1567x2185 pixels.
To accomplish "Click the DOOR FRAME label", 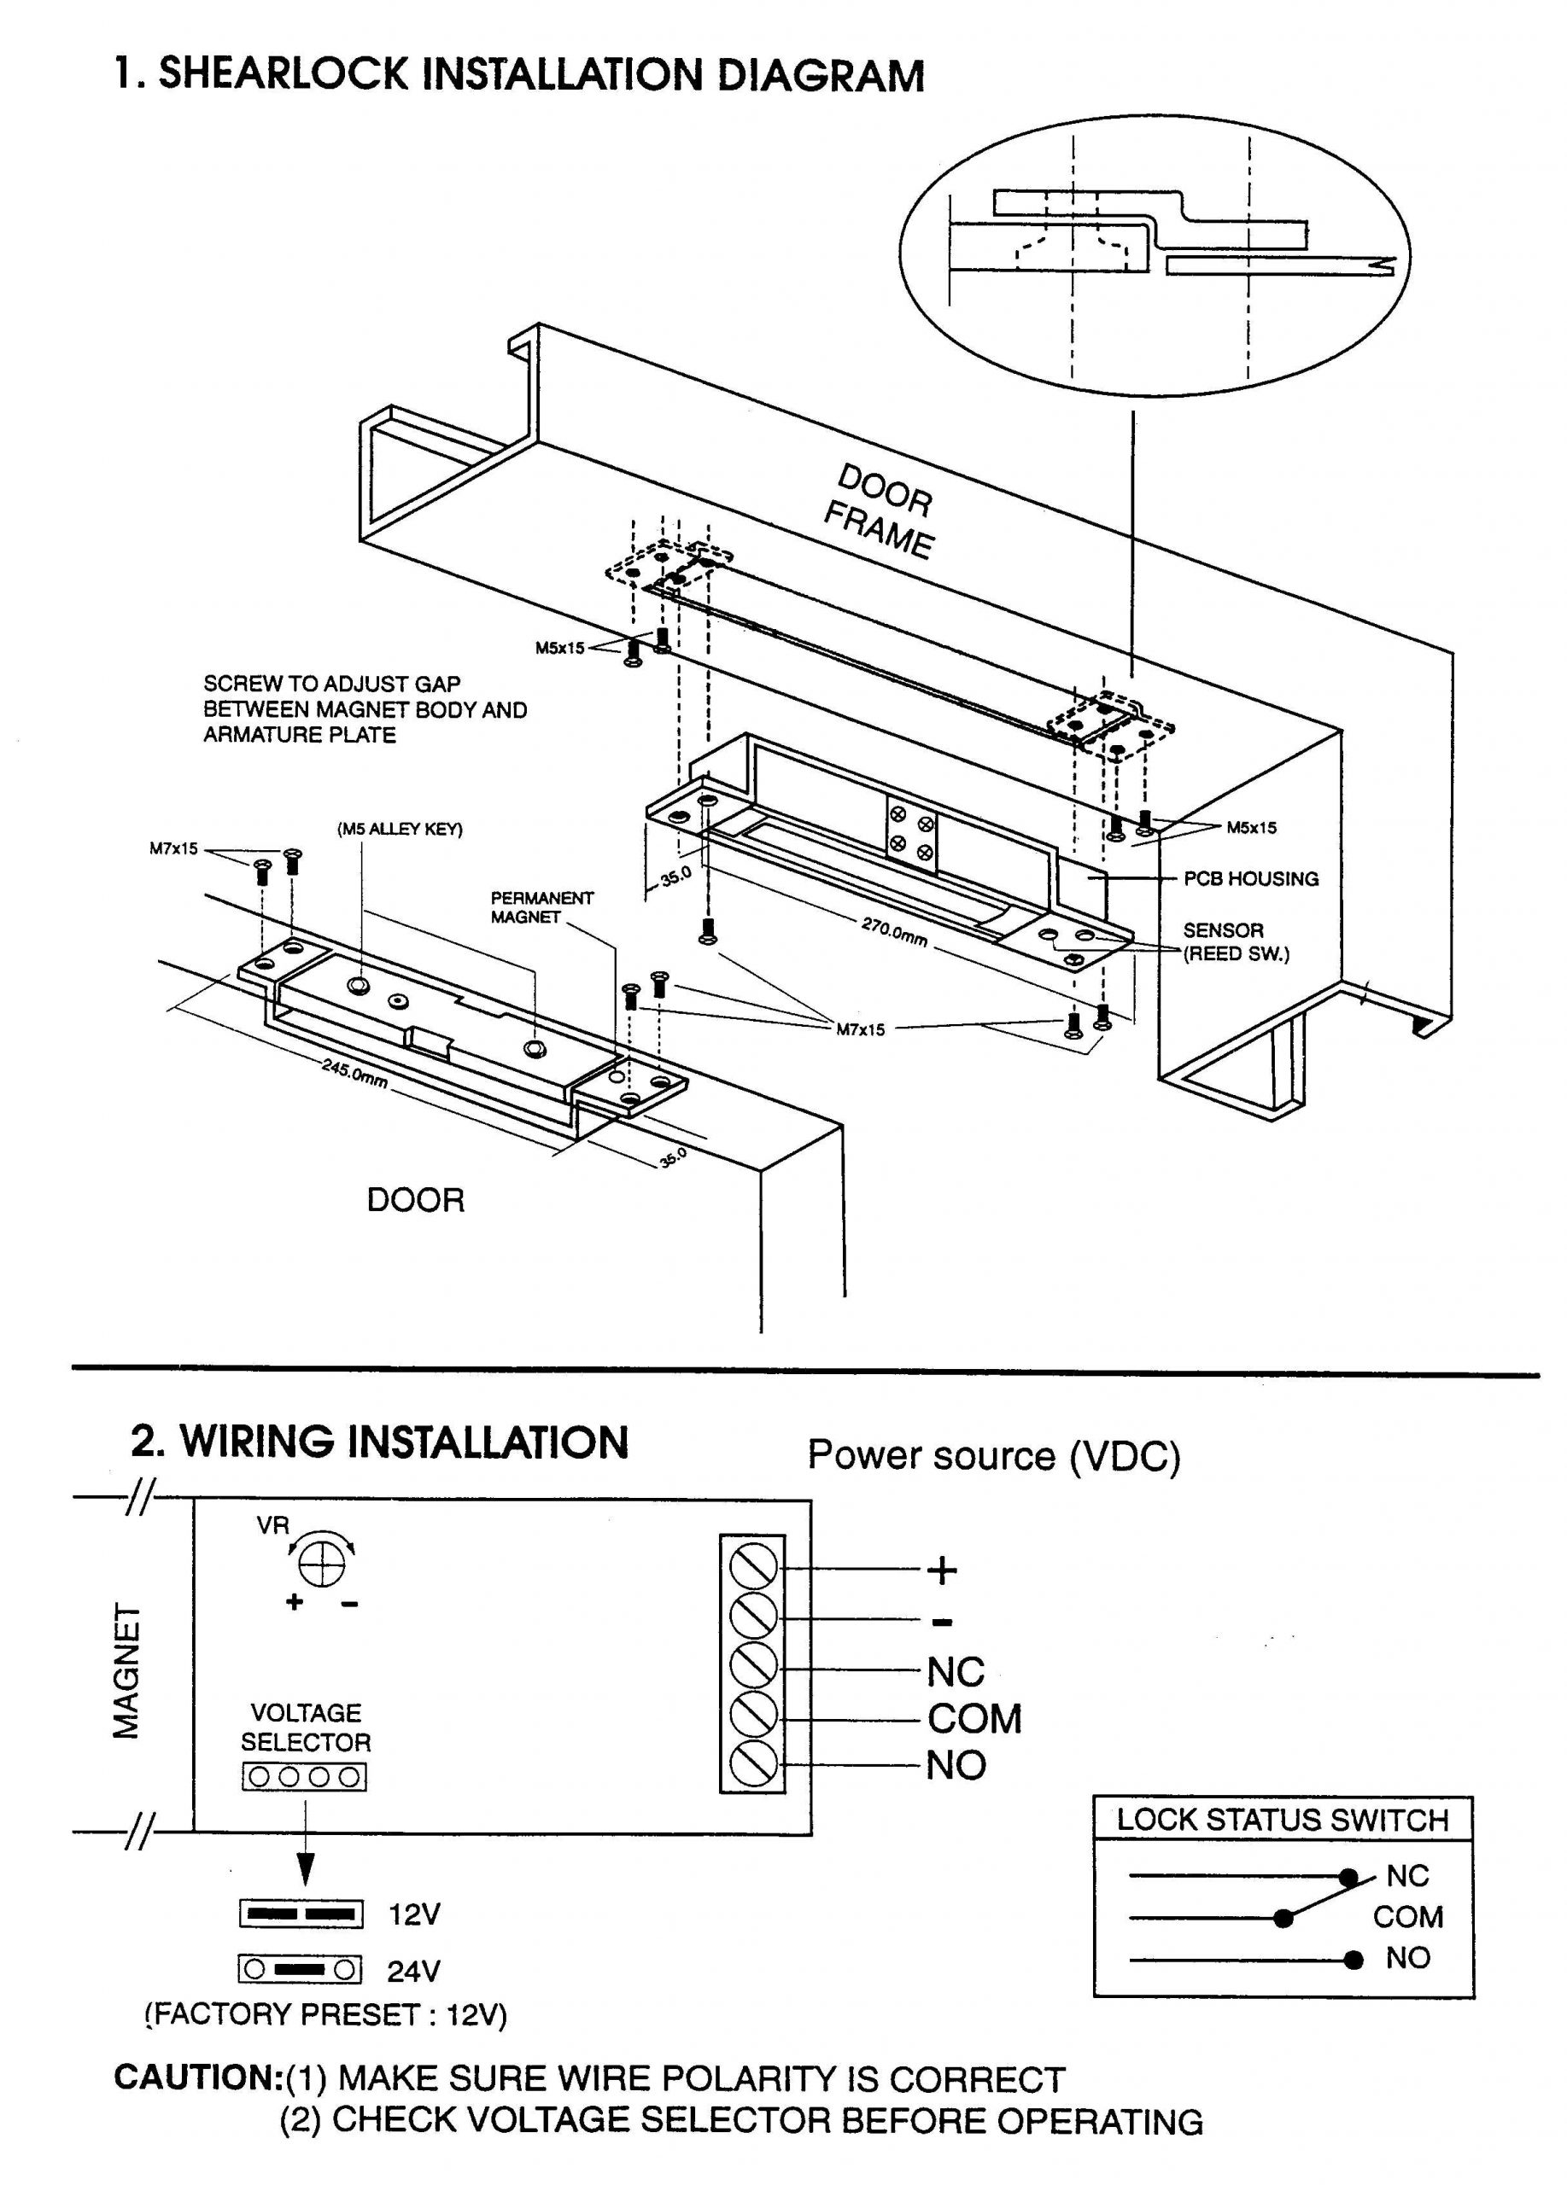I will [879, 511].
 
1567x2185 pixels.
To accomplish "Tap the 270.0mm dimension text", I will [893, 931].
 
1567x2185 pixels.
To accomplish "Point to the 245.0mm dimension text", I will [355, 1072].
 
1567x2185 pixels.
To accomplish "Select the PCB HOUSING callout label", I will [1250, 878].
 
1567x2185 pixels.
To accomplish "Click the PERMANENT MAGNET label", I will [541, 907].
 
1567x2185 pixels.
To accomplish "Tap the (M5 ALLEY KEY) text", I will [399, 830].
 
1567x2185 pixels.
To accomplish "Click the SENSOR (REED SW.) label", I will [1235, 942].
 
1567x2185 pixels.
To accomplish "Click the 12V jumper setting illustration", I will [301, 1914].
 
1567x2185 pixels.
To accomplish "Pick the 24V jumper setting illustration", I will [301, 1970].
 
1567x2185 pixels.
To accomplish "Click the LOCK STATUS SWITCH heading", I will [1282, 1820].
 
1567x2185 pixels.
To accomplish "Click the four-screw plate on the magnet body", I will [910, 836].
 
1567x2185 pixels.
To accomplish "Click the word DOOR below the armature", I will [415, 1200].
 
